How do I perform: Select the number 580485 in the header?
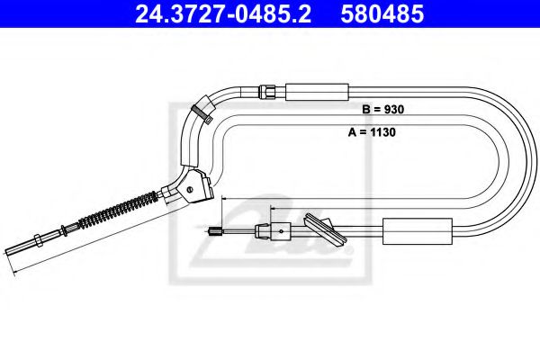[x=370, y=15]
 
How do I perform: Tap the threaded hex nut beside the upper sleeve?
[x=267, y=90]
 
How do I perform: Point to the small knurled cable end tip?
[x=215, y=232]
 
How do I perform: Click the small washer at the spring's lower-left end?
[x=86, y=226]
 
